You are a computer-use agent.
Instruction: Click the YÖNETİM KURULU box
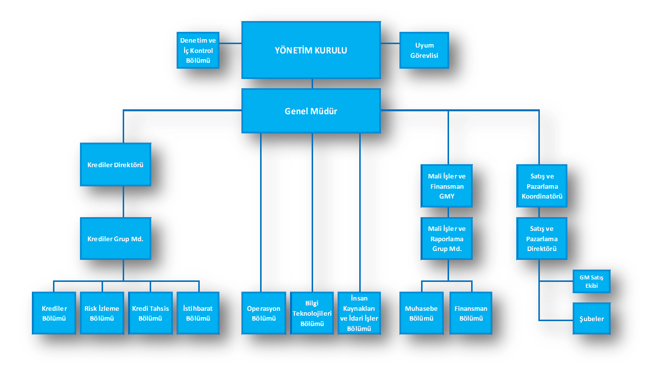pyautogui.click(x=311, y=50)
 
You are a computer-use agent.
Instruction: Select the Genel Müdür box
pyautogui.click(x=311, y=111)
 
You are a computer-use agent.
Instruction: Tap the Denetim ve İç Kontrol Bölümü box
pyautogui.click(x=198, y=50)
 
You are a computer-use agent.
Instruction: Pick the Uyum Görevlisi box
pyautogui.click(x=424, y=50)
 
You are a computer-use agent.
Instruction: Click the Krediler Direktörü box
pyautogui.click(x=115, y=165)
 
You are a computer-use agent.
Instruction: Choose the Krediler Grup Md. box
pyautogui.click(x=115, y=239)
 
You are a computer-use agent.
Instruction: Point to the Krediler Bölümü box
pyautogui.click(x=54, y=313)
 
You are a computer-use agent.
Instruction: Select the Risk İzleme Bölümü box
pyautogui.click(x=102, y=313)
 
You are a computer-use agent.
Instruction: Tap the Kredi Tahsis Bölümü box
pyautogui.click(x=150, y=313)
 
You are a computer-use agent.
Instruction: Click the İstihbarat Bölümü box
pyautogui.click(x=198, y=313)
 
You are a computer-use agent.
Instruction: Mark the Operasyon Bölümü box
pyautogui.click(x=264, y=313)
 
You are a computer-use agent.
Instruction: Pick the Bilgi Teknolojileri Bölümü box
pyautogui.click(x=312, y=313)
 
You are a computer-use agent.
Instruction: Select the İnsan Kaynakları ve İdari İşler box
pyautogui.click(x=360, y=313)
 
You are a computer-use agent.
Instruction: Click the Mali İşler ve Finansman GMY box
pyautogui.click(x=447, y=186)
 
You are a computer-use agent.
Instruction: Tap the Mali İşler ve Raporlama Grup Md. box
pyautogui.click(x=447, y=239)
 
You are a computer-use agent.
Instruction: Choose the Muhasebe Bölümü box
pyautogui.click(x=421, y=313)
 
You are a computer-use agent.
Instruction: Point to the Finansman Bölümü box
pyautogui.click(x=471, y=313)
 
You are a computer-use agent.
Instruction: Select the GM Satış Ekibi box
pyautogui.click(x=591, y=281)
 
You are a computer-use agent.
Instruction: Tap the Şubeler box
pyautogui.click(x=591, y=319)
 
